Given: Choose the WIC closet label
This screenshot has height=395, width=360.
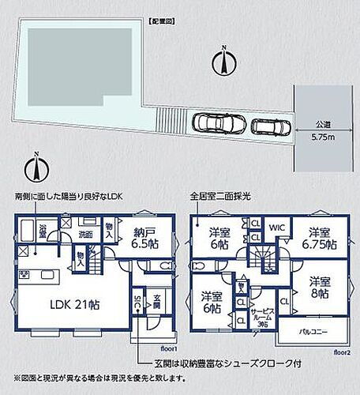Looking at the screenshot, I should pyautogui.click(x=277, y=228).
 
